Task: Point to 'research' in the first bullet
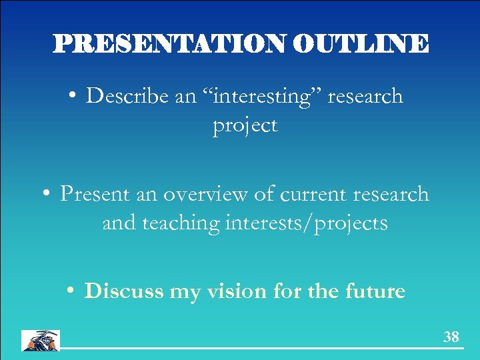365,96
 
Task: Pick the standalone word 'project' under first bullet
245,125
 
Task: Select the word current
313,194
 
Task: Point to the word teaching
181,223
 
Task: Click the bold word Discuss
123,291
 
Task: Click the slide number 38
451,337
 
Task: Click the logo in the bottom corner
40,340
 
